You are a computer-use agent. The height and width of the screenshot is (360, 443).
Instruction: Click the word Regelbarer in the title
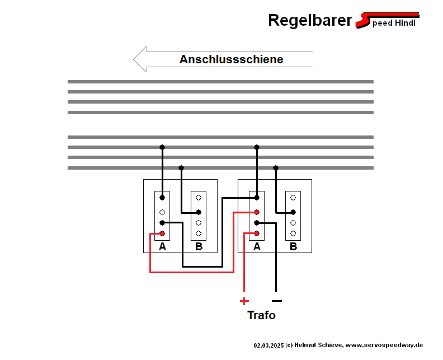coord(309,20)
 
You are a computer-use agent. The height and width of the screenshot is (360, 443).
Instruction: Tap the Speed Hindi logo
coord(388,21)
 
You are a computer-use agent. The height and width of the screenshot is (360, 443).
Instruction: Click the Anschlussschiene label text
coord(231,59)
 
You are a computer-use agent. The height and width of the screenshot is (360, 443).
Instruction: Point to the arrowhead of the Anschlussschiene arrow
coord(140,59)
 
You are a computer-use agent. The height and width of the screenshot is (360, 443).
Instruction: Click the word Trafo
coord(261,315)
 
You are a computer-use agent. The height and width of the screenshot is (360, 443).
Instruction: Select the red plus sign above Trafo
coord(244,301)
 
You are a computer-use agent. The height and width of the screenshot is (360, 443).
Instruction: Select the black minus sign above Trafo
coord(276,301)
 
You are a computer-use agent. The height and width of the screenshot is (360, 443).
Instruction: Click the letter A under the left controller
coord(162,246)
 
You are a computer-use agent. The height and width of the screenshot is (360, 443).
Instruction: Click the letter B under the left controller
coord(199,246)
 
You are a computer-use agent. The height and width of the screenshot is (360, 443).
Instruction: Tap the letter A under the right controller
coord(257,246)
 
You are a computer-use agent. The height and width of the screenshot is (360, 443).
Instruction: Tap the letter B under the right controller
coord(293,246)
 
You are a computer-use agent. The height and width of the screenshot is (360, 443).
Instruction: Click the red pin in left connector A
coord(162,233)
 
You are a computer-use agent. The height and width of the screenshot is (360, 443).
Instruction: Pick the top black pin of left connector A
coord(162,197)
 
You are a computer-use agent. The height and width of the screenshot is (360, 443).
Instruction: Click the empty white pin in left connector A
coord(162,212)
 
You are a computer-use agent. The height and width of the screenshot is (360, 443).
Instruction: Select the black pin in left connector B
coord(199,212)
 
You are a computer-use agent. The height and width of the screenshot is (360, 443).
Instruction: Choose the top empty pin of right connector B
coord(293,197)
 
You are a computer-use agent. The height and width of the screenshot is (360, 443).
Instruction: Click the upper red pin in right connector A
coord(257,212)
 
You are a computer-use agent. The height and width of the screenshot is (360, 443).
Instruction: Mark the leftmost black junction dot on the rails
coord(162,147)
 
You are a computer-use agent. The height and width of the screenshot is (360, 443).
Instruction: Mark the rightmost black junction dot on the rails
coord(276,168)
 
